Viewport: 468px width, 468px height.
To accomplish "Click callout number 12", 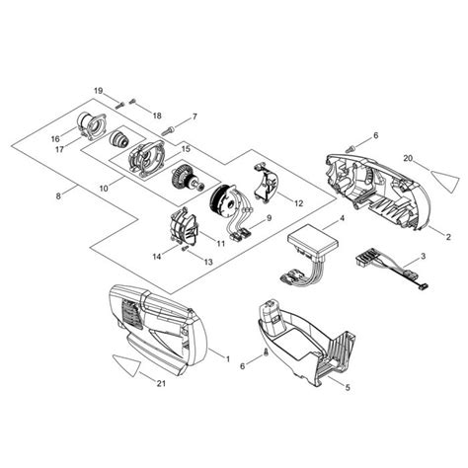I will point(298,203).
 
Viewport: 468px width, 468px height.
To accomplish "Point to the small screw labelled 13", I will point(185,250).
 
